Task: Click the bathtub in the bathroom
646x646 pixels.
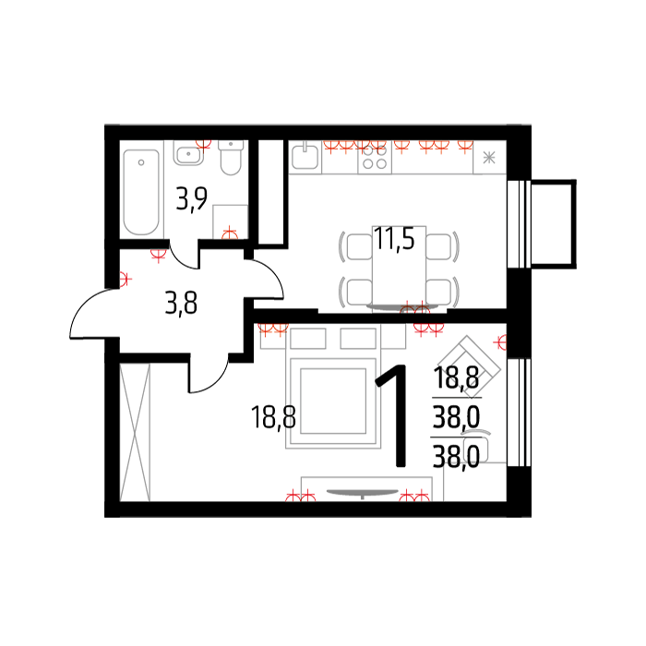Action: [x=141, y=192]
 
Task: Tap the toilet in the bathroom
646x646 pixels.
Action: [x=231, y=157]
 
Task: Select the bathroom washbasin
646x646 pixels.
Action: [x=188, y=153]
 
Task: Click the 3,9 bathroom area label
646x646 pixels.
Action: [x=192, y=199]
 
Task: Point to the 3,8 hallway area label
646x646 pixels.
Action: [x=181, y=303]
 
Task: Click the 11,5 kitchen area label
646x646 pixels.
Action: [x=394, y=238]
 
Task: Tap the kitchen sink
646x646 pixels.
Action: [x=305, y=157]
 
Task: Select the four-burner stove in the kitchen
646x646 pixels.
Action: [x=375, y=158]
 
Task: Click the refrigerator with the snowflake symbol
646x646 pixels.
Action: [x=489, y=157]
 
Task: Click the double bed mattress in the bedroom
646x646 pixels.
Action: [x=333, y=401]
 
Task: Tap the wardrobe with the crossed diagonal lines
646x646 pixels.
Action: [x=135, y=432]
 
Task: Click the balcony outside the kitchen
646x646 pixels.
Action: [x=554, y=224]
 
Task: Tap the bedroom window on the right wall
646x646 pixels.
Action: [x=519, y=413]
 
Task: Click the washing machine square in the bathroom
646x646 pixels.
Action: [x=230, y=221]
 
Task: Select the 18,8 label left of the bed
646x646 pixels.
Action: [x=273, y=416]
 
